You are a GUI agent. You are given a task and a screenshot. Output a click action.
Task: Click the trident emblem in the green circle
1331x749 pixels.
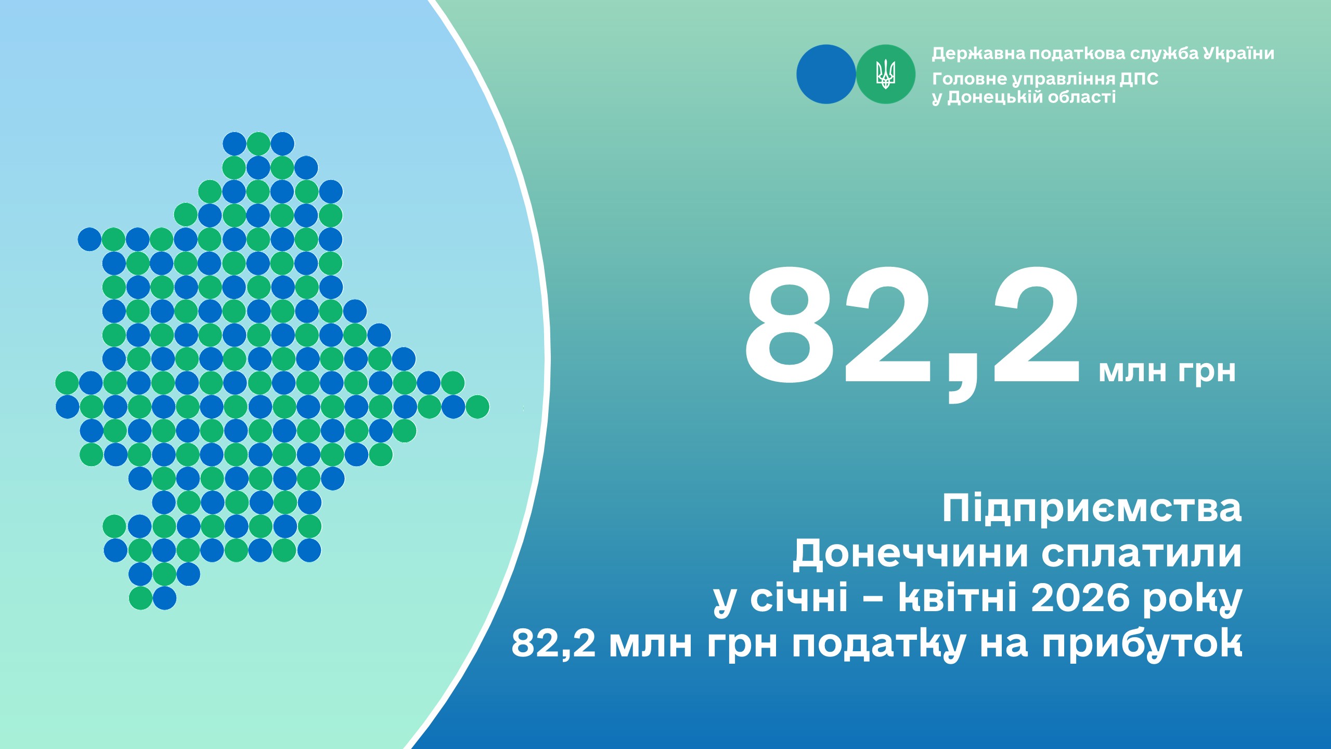(886, 74)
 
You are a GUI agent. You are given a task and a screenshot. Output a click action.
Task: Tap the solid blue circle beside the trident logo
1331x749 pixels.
(826, 74)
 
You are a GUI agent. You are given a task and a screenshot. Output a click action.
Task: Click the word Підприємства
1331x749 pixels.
(1092, 508)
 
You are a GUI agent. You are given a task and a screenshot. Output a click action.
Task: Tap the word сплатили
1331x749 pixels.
(1142, 553)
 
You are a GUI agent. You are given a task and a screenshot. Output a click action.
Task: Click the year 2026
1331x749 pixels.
(1080, 599)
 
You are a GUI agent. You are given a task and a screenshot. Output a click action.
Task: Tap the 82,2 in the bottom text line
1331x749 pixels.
(553, 644)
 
